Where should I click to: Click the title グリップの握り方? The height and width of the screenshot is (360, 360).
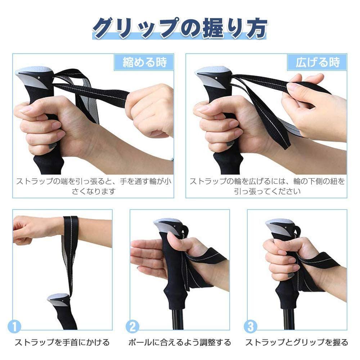(179, 28)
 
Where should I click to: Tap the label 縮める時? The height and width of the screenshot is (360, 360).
(144, 62)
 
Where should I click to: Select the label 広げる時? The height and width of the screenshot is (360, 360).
(318, 62)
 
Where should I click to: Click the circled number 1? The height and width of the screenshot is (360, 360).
(14, 327)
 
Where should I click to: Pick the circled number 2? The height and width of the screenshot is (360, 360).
(132, 327)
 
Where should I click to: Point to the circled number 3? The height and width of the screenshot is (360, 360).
(251, 327)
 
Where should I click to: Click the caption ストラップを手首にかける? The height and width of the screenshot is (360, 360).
(62, 343)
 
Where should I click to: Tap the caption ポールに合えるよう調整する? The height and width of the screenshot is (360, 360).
(180, 343)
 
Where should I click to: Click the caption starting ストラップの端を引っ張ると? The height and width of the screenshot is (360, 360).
(93, 186)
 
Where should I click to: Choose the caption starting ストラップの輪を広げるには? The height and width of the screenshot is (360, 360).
(267, 186)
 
